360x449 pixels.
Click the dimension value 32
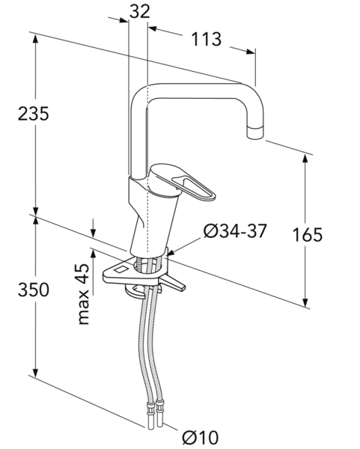pyautogui.click(x=140, y=12)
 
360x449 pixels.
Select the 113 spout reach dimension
pyautogui.click(x=207, y=39)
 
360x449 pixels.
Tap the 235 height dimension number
pyautogui.click(x=33, y=114)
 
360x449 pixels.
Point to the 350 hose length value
pyautogui.click(x=34, y=289)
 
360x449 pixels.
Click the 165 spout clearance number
pyautogui.click(x=308, y=234)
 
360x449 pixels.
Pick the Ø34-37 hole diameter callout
pyautogui.click(x=235, y=230)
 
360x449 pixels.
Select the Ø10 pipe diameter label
pyautogui.click(x=200, y=437)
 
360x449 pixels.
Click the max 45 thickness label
pyautogui.click(x=84, y=294)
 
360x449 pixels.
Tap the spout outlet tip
pyautogui.click(x=254, y=132)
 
